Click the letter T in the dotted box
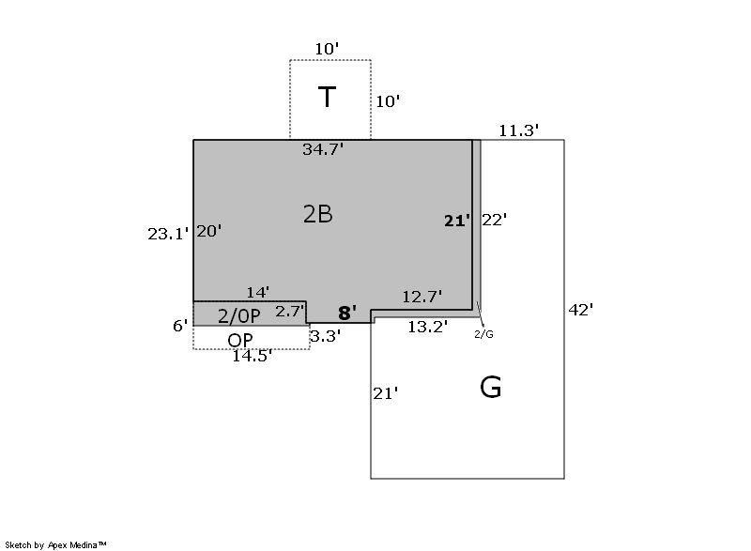click(x=327, y=98)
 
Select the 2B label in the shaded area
click(x=317, y=214)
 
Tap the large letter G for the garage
click(x=490, y=388)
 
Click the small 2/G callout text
click(x=483, y=333)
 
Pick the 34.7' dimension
click(x=323, y=149)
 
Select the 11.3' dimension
click(x=518, y=131)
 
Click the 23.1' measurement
click(x=168, y=235)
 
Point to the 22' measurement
click(x=495, y=220)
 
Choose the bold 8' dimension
click(x=346, y=314)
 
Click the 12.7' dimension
click(x=422, y=297)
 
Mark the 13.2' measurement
click(x=427, y=327)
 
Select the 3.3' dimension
click(x=325, y=333)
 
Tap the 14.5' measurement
click(x=252, y=356)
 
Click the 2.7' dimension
click(x=289, y=311)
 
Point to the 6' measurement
click(x=180, y=326)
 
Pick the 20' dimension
click(x=208, y=231)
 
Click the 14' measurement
click(x=258, y=293)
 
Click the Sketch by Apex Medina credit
click(x=55, y=544)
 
